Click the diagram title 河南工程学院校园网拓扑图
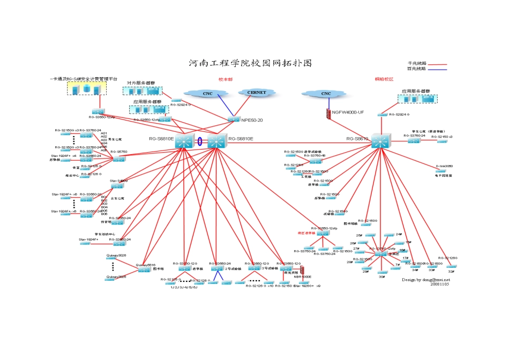(250, 63)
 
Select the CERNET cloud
(256, 93)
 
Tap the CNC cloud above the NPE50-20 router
(207, 94)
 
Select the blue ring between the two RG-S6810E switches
(200, 142)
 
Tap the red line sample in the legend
(437, 63)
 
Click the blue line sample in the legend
(437, 69)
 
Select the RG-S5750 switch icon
(118, 159)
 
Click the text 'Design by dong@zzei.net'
(426, 279)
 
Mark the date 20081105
(439, 284)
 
